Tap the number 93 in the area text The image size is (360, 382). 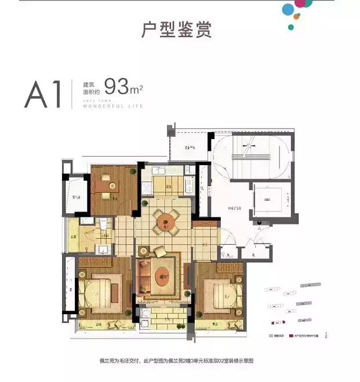click(x=116, y=88)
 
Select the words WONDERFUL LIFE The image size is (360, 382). click(x=113, y=107)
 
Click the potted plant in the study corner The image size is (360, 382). click(x=132, y=171)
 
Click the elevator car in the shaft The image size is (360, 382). click(x=267, y=200)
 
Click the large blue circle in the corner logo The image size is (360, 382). click(x=289, y=10)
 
